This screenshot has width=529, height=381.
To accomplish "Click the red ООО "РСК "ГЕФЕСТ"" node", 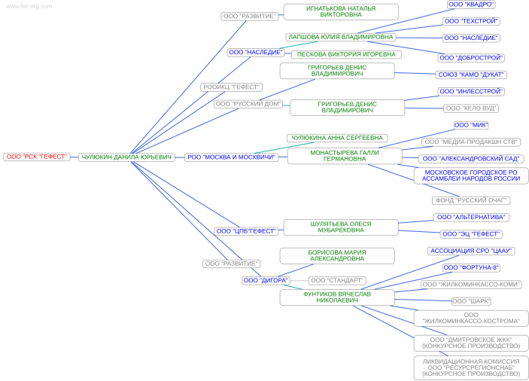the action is [x=37, y=157].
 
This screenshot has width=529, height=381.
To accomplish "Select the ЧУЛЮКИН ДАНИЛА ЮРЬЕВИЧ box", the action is [x=126, y=157].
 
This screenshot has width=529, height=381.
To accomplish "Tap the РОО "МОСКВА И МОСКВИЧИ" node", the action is [x=232, y=157].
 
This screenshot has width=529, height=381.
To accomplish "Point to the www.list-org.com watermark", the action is [x=29, y=6].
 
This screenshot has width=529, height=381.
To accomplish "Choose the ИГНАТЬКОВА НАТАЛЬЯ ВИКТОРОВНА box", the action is [x=341, y=12].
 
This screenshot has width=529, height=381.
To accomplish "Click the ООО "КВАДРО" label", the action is [x=471, y=5].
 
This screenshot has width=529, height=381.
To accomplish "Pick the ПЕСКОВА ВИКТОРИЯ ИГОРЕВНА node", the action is [x=346, y=54].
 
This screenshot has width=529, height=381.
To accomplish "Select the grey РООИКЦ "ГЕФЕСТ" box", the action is [x=231, y=87].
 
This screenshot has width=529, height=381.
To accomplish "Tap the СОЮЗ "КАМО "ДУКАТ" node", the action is [x=471, y=75].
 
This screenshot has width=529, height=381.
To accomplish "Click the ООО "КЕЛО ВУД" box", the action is [x=471, y=108].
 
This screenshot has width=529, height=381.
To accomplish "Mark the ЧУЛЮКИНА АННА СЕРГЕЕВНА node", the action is [x=337, y=138].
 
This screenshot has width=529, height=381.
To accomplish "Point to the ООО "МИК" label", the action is [x=471, y=125].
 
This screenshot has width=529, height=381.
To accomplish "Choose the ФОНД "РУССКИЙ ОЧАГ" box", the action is [x=471, y=200].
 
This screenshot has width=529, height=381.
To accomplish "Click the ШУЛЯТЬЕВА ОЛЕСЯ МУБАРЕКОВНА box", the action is [x=341, y=227].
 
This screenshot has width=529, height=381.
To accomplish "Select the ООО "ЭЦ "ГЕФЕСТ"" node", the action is [x=471, y=234].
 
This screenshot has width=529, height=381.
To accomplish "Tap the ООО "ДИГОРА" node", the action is [x=266, y=280].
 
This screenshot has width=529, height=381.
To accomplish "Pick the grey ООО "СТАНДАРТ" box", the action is [x=337, y=280].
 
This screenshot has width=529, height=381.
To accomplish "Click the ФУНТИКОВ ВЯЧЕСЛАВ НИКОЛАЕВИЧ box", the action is [x=337, y=297].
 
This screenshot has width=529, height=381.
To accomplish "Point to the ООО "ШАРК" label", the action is [x=471, y=301].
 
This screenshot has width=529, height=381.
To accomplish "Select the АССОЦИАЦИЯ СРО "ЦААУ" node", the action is [x=471, y=251].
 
